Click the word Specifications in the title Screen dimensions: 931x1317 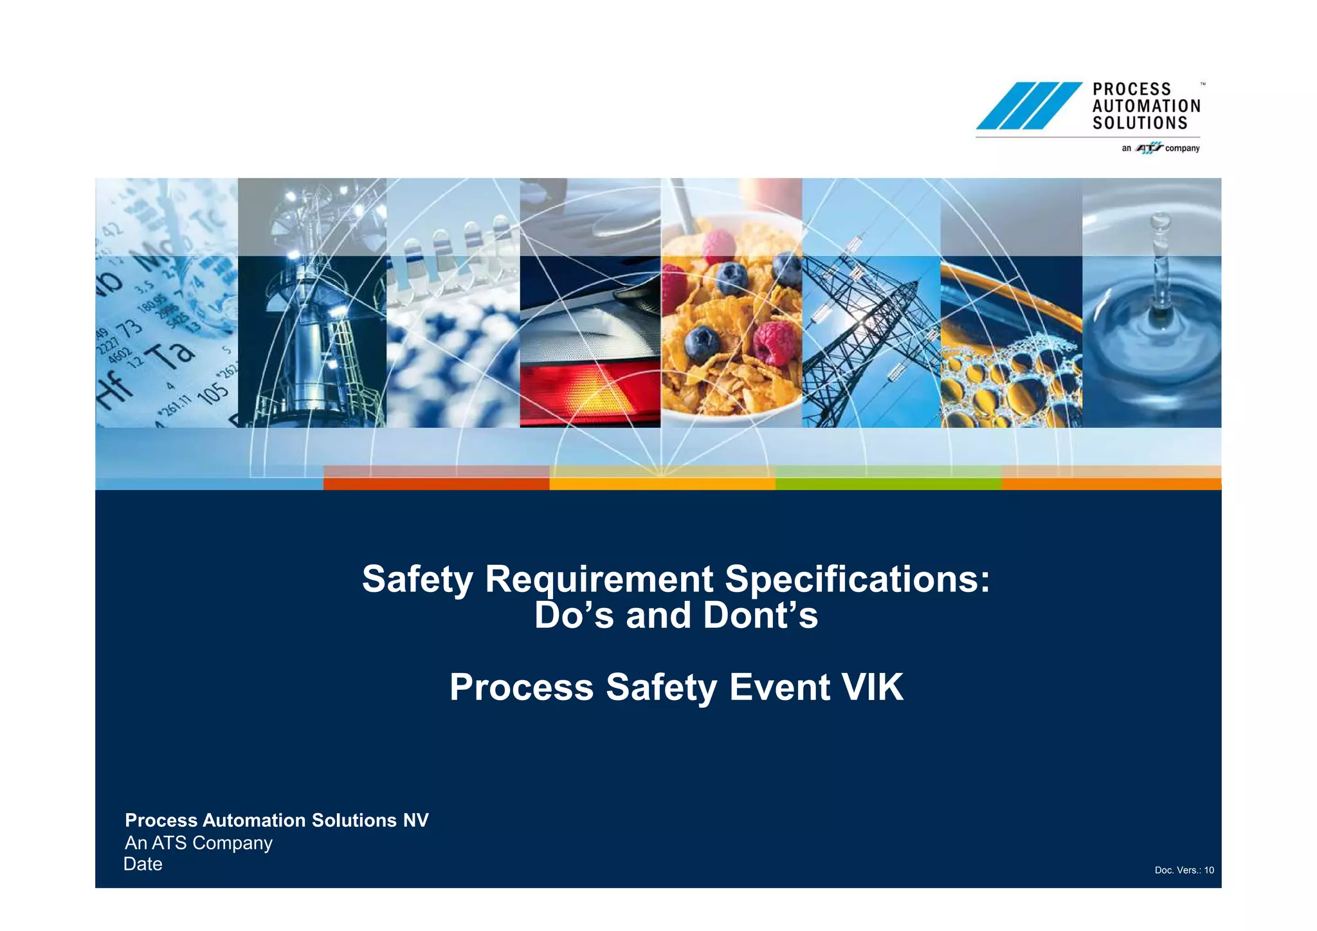point(857,579)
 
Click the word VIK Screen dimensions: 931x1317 point(873,687)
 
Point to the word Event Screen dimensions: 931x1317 point(779,687)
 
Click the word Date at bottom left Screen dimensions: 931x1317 point(143,864)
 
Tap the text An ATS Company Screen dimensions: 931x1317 point(199,843)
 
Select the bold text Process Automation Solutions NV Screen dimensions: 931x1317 point(277,820)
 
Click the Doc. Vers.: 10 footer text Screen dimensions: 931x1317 point(1184,871)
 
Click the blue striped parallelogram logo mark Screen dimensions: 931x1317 point(1028,106)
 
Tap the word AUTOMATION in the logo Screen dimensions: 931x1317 point(1146,106)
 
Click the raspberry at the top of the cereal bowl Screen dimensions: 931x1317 point(718,245)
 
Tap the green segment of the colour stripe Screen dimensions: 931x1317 point(888,483)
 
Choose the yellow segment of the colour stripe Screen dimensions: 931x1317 point(662,483)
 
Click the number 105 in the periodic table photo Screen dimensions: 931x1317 point(213,392)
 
